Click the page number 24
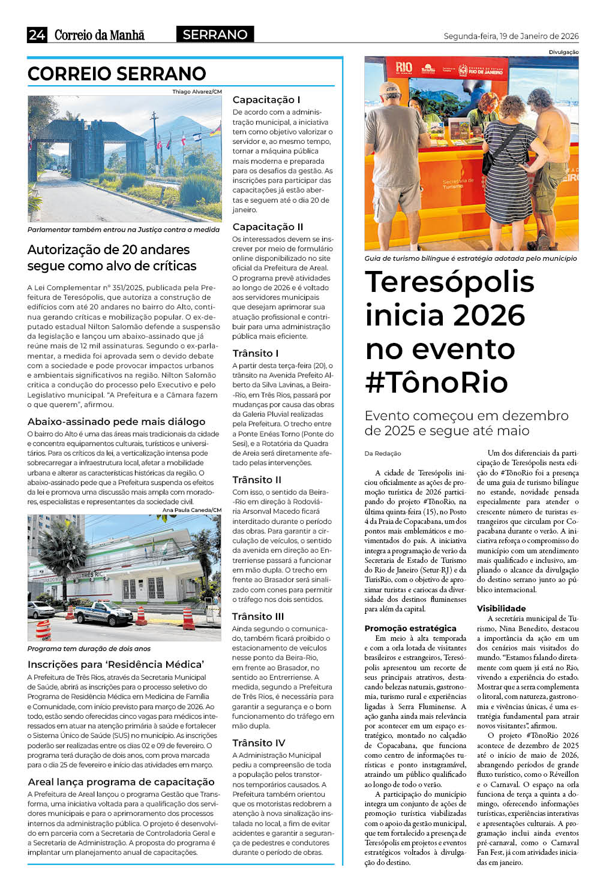click(x=37, y=35)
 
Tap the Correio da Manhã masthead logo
click(x=100, y=35)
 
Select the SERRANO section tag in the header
click(x=215, y=35)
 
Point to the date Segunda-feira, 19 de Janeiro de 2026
click(x=511, y=36)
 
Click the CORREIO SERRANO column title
click(x=117, y=74)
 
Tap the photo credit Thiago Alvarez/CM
click(x=197, y=92)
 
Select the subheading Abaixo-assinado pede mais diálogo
click(x=116, y=421)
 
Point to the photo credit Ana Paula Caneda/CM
click(x=191, y=510)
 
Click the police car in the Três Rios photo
click(x=103, y=612)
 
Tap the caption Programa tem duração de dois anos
click(x=89, y=649)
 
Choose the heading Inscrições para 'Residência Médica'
click(x=116, y=664)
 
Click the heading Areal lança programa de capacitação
click(x=121, y=782)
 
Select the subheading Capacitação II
click(x=268, y=227)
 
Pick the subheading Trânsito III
click(x=258, y=616)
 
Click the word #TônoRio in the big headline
click(x=437, y=382)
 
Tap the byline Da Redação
click(x=383, y=453)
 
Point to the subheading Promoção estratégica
click(x=410, y=628)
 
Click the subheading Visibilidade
click(x=501, y=608)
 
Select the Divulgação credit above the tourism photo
click(x=563, y=52)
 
